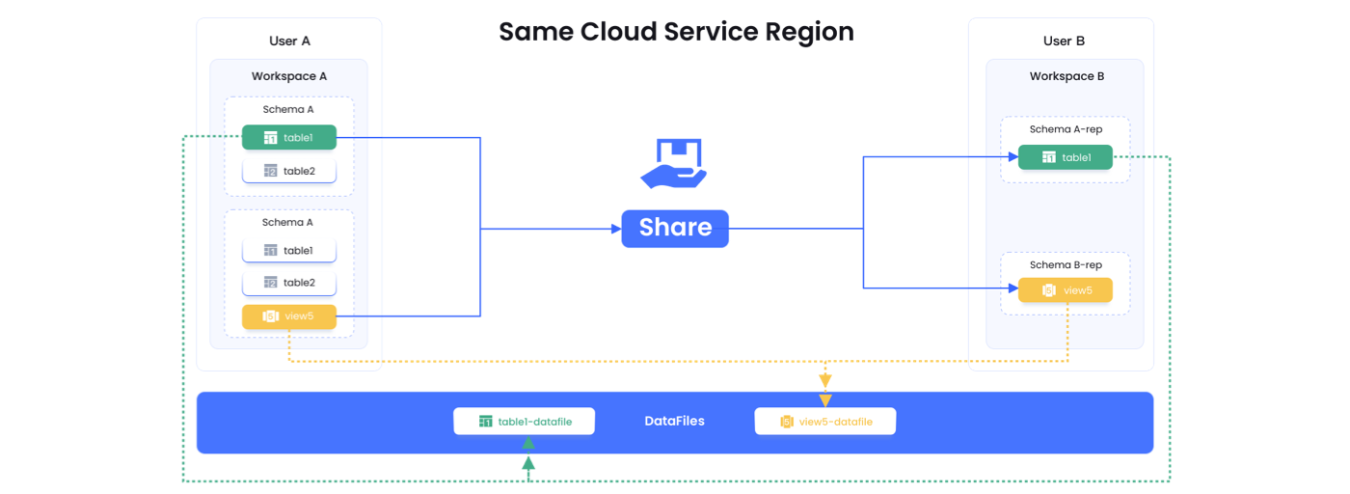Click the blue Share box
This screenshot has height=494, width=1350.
(675, 228)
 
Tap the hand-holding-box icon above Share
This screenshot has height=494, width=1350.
(674, 163)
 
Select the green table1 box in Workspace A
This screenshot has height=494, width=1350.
(289, 138)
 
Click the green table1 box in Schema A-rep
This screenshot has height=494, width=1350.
(1066, 157)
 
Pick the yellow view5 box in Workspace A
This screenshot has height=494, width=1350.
(289, 316)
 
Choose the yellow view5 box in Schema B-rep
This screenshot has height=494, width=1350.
(1066, 289)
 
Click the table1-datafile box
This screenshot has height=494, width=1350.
(525, 422)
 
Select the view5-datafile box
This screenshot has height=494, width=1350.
(825, 422)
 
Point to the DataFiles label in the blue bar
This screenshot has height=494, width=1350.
(675, 422)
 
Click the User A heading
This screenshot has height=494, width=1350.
(289, 41)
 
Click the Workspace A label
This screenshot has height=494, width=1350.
(289, 76)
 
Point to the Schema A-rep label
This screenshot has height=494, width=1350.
(1066, 129)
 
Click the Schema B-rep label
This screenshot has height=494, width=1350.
(1066, 265)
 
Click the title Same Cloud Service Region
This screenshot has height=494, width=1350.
(675, 32)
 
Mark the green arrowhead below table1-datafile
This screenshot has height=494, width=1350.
(528, 444)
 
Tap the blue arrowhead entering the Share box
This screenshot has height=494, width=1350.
(614, 229)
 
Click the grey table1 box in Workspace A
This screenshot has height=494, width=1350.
(289, 251)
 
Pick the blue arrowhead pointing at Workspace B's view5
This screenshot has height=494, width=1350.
(1012, 288)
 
